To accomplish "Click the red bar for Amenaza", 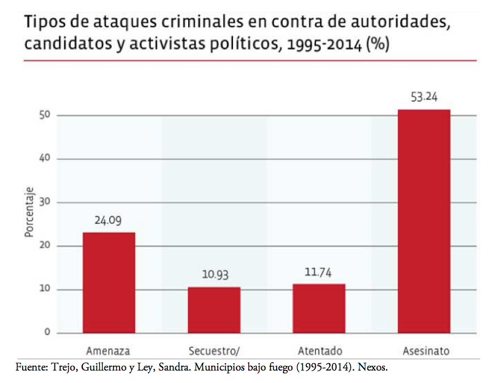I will (109, 282).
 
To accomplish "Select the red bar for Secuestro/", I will (214, 310).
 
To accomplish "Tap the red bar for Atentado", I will (319, 308).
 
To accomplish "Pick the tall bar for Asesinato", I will (424, 221).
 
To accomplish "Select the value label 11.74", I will (318, 272).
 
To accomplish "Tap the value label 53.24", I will (424, 97).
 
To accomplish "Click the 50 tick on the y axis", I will (46, 115).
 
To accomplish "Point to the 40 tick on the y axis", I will (46, 159).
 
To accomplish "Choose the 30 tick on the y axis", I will (46, 202).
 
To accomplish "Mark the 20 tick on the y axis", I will (46, 246).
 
